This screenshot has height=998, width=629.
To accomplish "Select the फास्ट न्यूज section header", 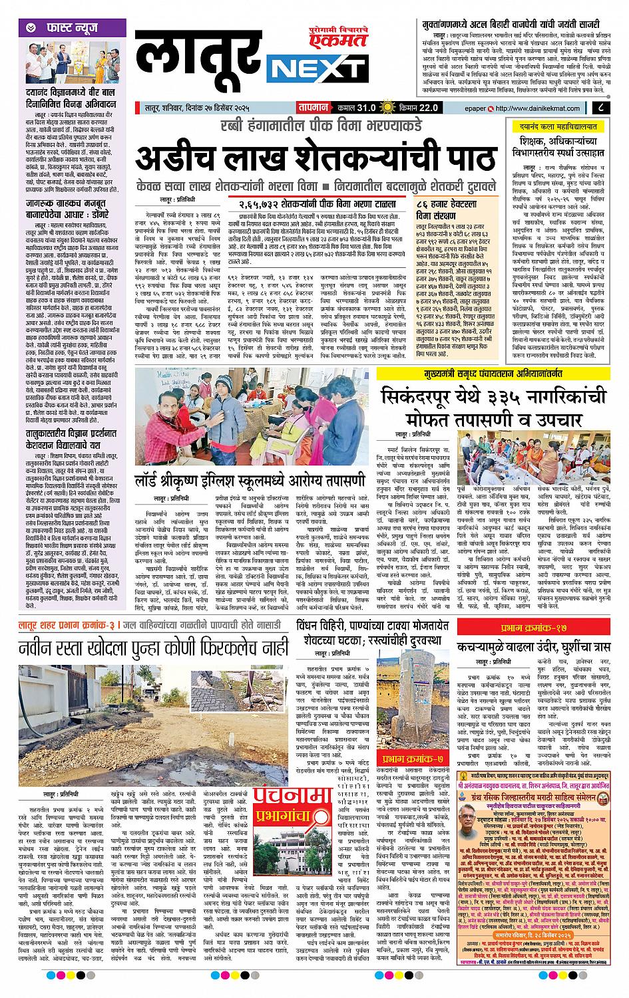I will pyautogui.click(x=66, y=28).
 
